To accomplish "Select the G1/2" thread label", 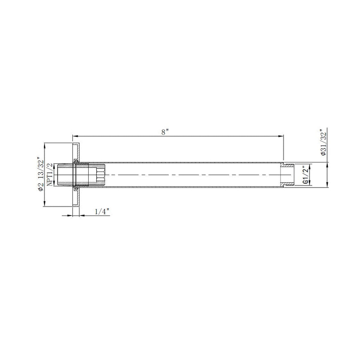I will pyautogui.click(x=306, y=175).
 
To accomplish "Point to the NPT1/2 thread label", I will pyautogui.click(x=50, y=174).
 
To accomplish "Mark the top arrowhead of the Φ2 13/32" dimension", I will pyautogui.click(x=44, y=145).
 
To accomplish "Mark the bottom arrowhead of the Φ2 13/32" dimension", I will pyautogui.click(x=44, y=204).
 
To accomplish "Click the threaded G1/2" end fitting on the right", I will pyautogui.click(x=288, y=175).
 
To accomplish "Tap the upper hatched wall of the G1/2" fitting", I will pyautogui.click(x=288, y=165).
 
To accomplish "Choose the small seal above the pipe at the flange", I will pyautogui.click(x=76, y=161).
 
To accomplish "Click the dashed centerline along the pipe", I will pyautogui.click(x=189, y=175).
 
